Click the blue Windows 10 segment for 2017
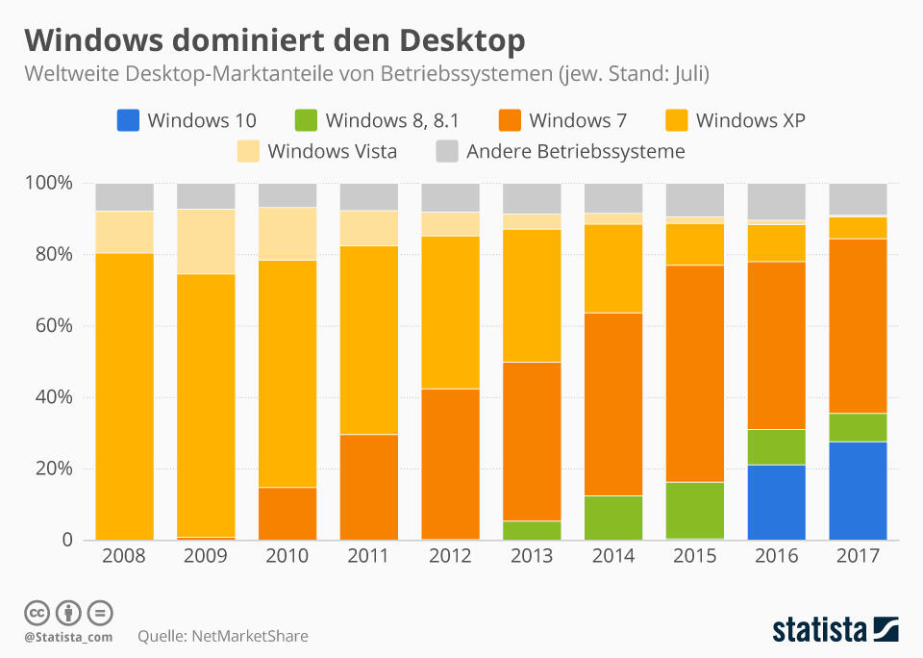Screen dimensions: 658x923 (859, 491)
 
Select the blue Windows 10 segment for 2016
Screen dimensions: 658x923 (777, 502)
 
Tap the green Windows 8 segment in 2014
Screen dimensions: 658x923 (613, 518)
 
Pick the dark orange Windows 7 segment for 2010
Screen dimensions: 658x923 (287, 514)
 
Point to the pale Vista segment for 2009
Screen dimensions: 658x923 (206, 241)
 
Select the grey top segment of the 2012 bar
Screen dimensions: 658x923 (450, 197)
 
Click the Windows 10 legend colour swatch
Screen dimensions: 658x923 (128, 120)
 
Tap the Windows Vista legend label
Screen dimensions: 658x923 (332, 151)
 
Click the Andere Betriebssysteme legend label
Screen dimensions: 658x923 (575, 151)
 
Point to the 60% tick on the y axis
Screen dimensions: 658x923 (54, 326)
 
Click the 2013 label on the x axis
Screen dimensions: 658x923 (532, 557)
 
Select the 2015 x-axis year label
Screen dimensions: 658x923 (695, 557)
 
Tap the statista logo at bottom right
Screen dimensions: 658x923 (835, 630)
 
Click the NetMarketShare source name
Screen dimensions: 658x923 (250, 636)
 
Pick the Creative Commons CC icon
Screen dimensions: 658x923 (37, 613)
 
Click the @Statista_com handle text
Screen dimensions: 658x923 (68, 637)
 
